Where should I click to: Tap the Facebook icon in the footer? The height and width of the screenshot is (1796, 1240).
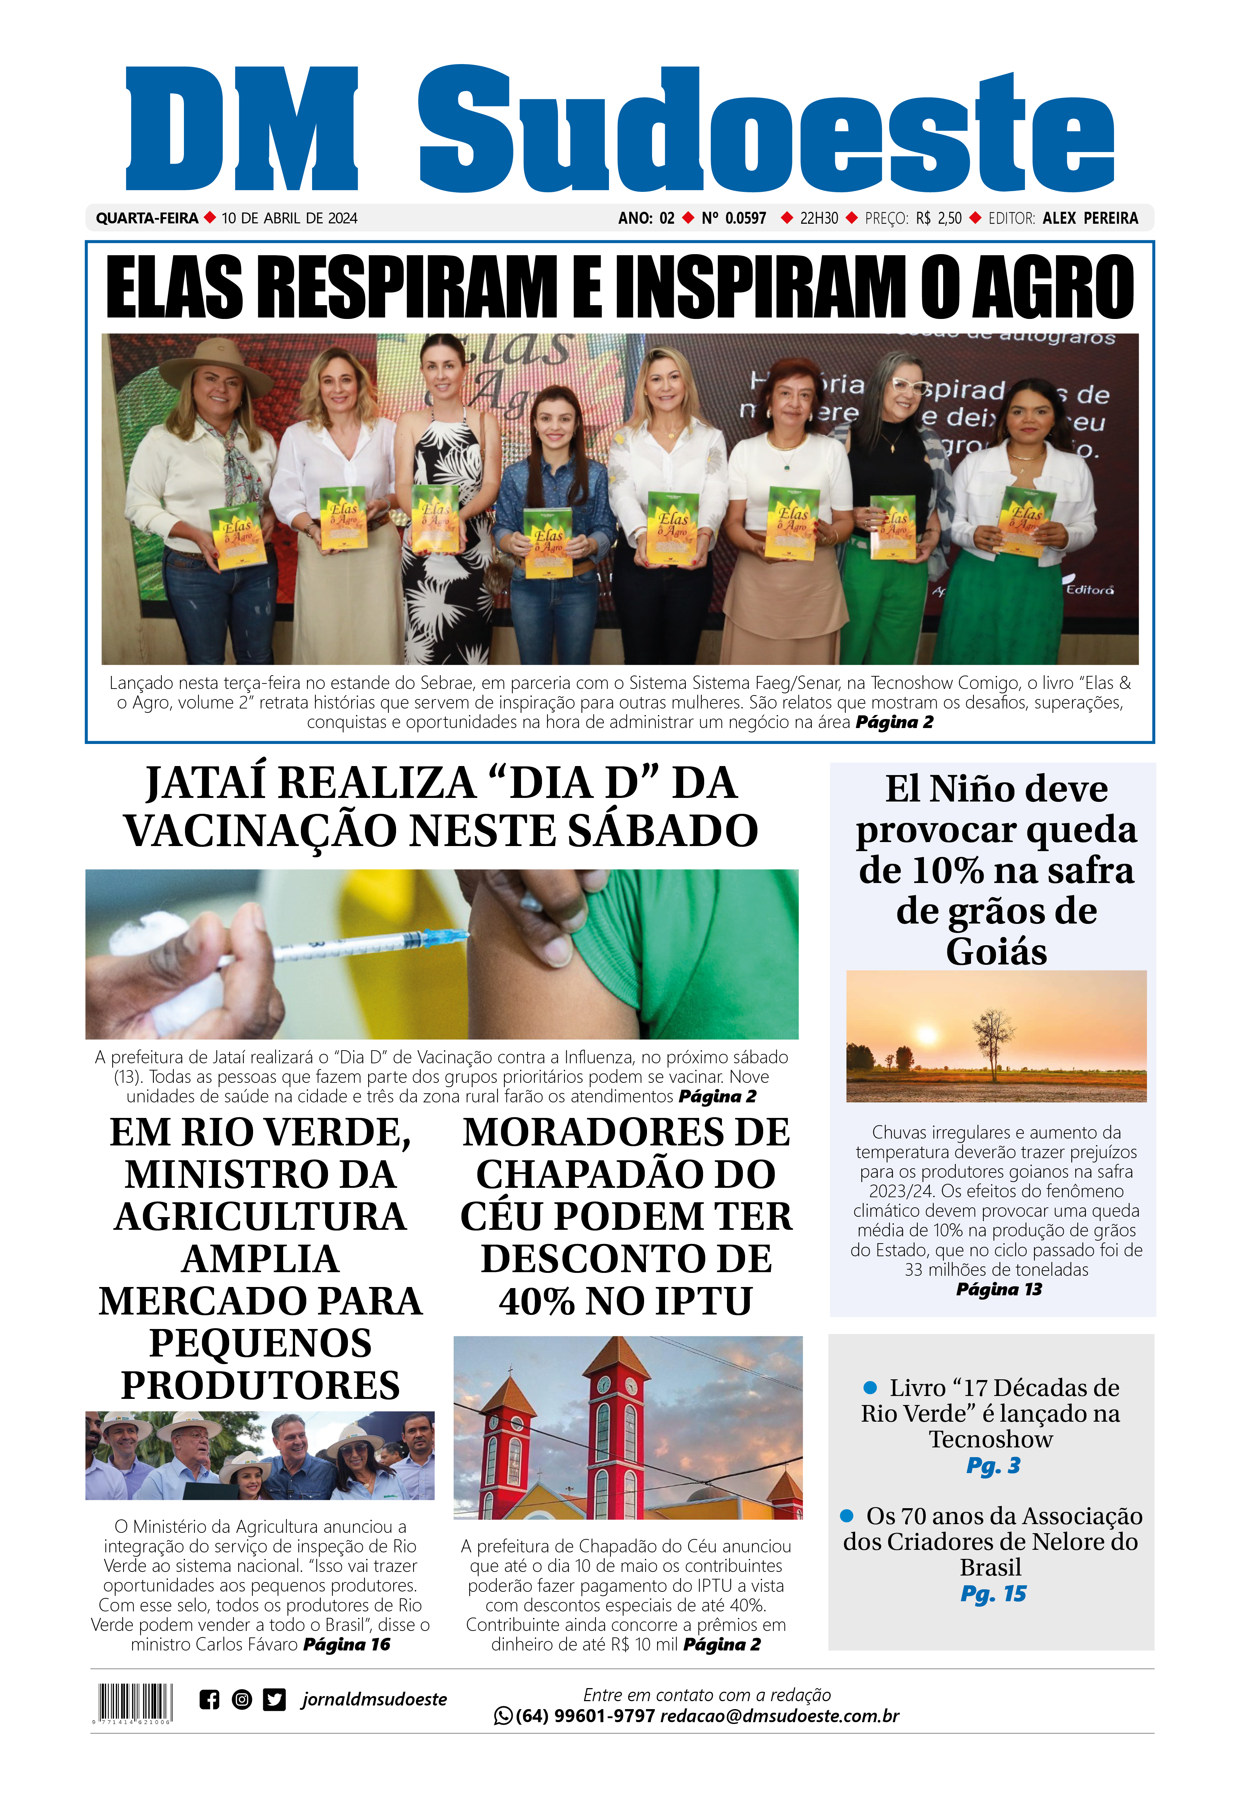[209, 1700]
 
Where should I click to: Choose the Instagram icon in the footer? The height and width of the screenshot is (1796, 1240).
[241, 1700]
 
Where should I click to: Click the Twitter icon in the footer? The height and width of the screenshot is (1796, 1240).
[273, 1700]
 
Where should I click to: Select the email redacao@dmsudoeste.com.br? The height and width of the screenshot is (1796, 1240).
[779, 1716]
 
